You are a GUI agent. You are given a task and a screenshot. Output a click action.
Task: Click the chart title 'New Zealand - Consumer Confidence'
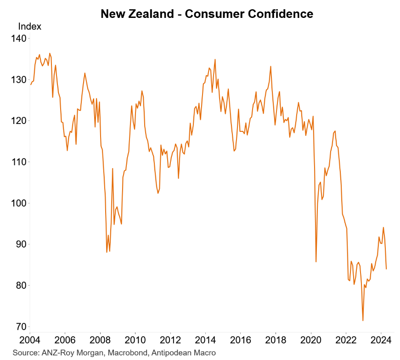(x=207, y=14)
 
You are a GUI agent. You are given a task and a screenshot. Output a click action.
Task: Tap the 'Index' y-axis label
(x=29, y=27)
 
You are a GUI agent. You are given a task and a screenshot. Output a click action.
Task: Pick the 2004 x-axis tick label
(x=30, y=342)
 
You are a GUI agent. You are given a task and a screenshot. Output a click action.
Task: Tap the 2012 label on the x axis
(x=170, y=342)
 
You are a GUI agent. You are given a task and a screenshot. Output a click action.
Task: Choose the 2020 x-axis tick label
(x=311, y=342)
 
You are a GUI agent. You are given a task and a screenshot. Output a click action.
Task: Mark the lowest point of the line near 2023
(x=363, y=321)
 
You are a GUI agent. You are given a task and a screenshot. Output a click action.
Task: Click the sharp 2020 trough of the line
(x=316, y=262)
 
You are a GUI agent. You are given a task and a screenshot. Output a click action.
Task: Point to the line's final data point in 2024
(x=386, y=269)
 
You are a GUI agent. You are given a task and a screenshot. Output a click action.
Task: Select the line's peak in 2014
(x=215, y=59)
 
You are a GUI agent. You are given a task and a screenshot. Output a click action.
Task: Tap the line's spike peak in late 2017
(x=270, y=66)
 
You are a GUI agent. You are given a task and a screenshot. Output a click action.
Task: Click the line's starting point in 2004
(x=30, y=84)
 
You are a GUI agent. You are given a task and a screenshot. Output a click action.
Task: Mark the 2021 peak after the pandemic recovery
(x=335, y=131)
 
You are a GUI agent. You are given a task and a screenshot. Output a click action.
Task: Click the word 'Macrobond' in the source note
(x=118, y=353)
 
